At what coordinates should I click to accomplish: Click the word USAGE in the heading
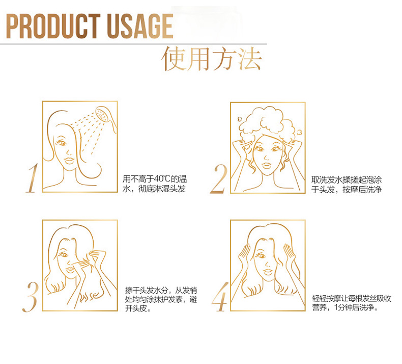pyautogui.click(x=140, y=26)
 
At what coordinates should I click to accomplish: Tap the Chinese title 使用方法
pyautogui.click(x=212, y=59)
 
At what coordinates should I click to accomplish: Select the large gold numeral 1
pyautogui.click(x=33, y=178)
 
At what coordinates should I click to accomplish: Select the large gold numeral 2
pyautogui.click(x=219, y=179)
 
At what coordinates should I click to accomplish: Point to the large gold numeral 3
pyautogui.click(x=31, y=297)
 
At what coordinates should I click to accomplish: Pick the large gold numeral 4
pyautogui.click(x=220, y=297)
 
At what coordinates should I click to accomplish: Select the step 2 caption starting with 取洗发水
pyautogui.click(x=347, y=185)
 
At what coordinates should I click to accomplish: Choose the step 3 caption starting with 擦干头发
pyautogui.click(x=161, y=299)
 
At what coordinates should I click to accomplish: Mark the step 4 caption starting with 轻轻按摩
pyautogui.click(x=352, y=303)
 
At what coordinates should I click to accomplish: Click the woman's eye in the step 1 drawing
pyautogui.click(x=62, y=143)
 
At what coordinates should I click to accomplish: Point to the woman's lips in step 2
pyautogui.click(x=267, y=165)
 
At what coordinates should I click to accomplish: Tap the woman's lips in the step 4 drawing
pyautogui.click(x=268, y=271)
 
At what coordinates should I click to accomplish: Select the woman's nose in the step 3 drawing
pyautogui.click(x=69, y=262)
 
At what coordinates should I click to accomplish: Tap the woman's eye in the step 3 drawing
pyautogui.click(x=64, y=254)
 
